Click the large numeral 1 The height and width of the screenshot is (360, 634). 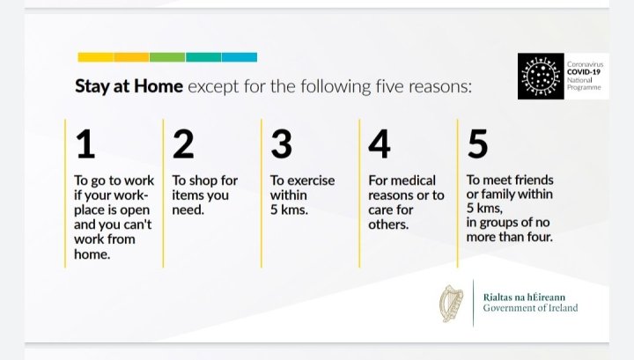point(85,143)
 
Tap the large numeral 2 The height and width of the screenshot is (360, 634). point(183,143)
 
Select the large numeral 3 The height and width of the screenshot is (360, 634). point(282,143)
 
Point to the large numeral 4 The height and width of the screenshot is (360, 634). point(380,143)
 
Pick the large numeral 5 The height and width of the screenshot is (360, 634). point(477,143)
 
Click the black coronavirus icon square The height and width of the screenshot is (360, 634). point(541,76)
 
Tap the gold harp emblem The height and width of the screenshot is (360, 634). point(452,304)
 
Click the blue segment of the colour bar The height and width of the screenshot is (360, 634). point(240,57)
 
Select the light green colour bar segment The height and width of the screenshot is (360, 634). point(167,57)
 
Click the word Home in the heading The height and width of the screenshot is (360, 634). point(158,86)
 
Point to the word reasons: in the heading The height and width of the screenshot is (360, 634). point(440,87)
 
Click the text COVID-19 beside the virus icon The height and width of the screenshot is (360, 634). point(584,72)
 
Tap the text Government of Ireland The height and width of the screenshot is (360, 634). point(530,308)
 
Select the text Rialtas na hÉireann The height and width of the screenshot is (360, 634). point(524,298)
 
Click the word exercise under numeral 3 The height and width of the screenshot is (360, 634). point(311,180)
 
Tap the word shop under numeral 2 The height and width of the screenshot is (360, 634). point(203,180)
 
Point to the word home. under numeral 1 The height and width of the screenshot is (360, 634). point(92,254)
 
